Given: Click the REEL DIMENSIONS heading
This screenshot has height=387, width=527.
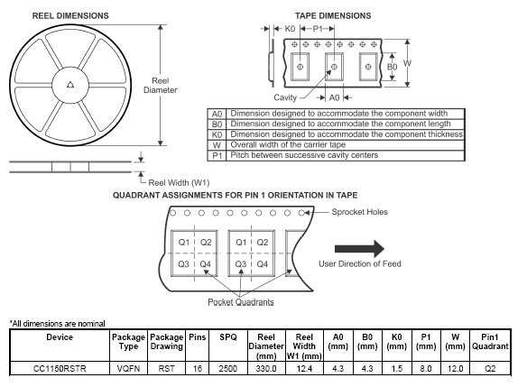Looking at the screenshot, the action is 70,16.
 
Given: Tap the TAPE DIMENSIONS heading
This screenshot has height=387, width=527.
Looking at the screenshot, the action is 333,16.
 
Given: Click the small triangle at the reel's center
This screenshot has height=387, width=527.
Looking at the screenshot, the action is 70,85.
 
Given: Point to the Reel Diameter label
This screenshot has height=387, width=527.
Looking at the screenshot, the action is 161,86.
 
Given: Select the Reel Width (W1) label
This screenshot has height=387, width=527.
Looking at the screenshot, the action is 179,183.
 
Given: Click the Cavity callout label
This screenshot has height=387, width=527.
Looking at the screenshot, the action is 285,97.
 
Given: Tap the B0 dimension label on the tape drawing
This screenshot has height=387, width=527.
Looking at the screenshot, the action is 392,67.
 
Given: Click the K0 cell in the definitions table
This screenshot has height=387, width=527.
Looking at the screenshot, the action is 217,134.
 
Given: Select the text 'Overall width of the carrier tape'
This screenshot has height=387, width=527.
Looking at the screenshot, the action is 288,145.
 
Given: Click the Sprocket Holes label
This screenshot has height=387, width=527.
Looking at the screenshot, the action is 360,212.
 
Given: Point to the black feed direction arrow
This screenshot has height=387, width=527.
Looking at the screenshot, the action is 359,249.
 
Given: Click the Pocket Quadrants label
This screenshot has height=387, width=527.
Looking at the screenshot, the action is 241,302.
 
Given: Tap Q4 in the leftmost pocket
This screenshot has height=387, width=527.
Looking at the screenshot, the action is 205,264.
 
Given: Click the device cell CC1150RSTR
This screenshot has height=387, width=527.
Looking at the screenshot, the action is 60,369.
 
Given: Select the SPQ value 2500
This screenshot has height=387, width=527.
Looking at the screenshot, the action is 228,369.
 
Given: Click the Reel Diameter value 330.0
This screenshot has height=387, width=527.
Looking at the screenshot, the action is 266,369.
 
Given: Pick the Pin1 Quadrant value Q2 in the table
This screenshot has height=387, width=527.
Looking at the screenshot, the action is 490,369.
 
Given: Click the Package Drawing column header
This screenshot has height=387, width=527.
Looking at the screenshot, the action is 166,342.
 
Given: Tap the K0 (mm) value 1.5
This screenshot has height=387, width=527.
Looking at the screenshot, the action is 396,369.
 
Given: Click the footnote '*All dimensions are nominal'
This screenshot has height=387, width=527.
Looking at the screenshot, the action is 58,324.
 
